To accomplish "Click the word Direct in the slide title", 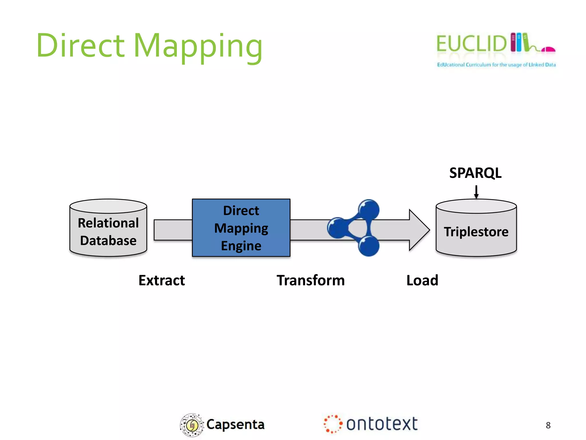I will click(x=81, y=46).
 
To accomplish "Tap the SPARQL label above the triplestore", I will click(x=475, y=173).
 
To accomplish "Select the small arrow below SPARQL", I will click(x=476, y=192).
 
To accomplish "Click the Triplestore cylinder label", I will click(x=476, y=232).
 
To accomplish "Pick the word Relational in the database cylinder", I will click(x=108, y=223).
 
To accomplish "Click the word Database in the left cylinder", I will click(x=108, y=240).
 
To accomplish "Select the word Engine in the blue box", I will click(x=241, y=246).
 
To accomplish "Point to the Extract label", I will click(x=162, y=280).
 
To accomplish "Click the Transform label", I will click(x=310, y=280).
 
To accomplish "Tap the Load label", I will click(x=422, y=280).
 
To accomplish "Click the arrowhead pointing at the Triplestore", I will click(x=419, y=230).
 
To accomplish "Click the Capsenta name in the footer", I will click(x=235, y=425).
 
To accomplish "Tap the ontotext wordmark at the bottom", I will click(x=382, y=424).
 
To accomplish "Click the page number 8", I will click(x=548, y=425).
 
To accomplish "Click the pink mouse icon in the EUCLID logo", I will click(x=548, y=50).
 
